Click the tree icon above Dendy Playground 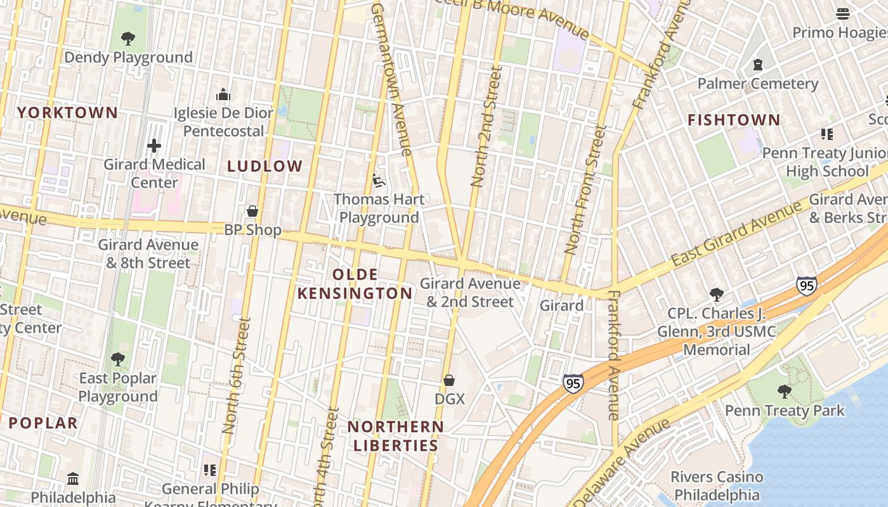(x=128, y=39)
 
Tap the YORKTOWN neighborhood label (x=67, y=113)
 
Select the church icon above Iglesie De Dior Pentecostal (x=223, y=94)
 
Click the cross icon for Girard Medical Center (x=154, y=146)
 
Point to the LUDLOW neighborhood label (x=265, y=167)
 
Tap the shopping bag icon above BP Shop (x=252, y=211)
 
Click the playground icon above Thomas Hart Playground (x=378, y=181)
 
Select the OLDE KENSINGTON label (x=355, y=284)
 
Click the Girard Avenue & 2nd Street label (x=470, y=292)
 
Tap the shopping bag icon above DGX (x=449, y=380)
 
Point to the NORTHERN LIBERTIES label (x=396, y=436)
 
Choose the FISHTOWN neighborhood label (x=734, y=120)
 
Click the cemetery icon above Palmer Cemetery (x=757, y=65)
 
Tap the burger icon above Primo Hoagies (x=843, y=13)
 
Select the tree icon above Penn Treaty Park (x=785, y=392)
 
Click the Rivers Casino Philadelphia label (x=717, y=485)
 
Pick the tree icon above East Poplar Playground (x=117, y=359)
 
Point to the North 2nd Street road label (x=486, y=127)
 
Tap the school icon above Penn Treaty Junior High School (x=826, y=134)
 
